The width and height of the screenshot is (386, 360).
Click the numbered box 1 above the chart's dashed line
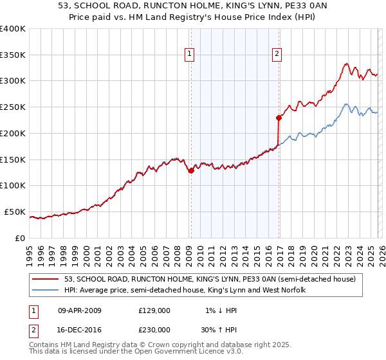190,55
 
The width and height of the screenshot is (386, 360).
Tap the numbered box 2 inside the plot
277,55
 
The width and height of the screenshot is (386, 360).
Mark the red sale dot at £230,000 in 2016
279,118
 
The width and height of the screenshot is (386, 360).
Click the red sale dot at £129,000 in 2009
191,170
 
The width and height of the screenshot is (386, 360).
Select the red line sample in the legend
46,279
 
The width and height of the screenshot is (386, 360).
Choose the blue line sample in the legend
46,291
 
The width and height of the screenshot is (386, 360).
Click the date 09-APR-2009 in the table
80,310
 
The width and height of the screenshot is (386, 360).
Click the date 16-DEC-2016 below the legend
80,329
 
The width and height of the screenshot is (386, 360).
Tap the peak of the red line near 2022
346,64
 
